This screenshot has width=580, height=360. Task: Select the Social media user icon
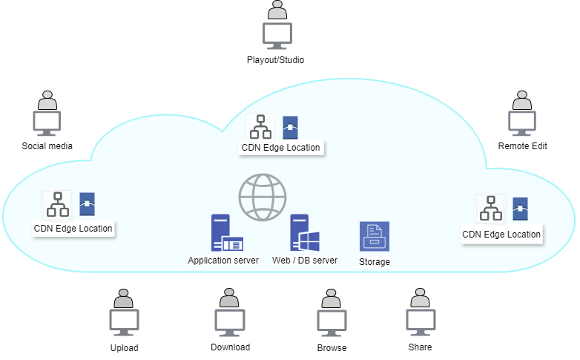(x=47, y=114)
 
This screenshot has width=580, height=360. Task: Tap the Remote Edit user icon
(x=522, y=114)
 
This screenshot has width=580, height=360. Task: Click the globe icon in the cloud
(x=263, y=197)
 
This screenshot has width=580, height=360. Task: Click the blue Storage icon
(x=375, y=236)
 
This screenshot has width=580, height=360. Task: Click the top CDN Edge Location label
(x=281, y=148)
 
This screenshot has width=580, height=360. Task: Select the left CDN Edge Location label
(x=73, y=229)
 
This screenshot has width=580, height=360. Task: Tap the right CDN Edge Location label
(x=501, y=235)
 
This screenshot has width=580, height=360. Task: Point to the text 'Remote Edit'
(x=522, y=146)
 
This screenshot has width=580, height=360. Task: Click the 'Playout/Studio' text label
(x=276, y=60)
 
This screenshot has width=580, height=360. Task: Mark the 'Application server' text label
(x=223, y=261)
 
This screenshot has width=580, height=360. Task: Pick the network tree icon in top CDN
(x=260, y=127)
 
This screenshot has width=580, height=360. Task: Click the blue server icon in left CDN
(x=87, y=204)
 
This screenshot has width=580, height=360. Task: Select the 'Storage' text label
(x=375, y=262)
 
